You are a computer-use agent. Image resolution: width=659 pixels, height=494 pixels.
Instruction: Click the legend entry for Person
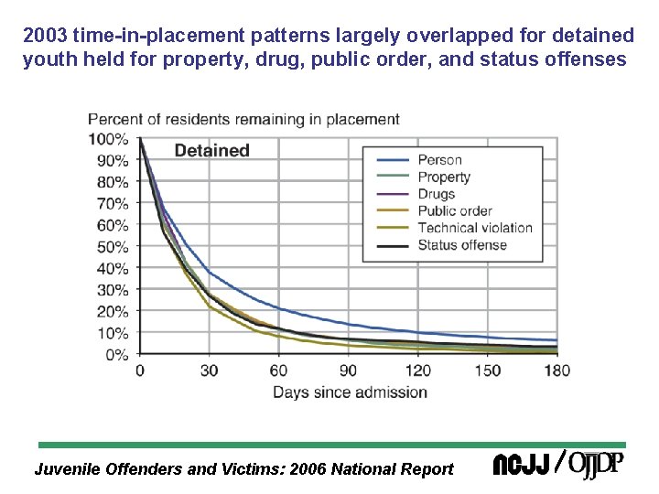[439, 160]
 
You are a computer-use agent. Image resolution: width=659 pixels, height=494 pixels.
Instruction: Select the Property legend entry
[444, 177]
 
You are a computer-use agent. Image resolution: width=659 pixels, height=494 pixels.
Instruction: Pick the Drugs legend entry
[437, 194]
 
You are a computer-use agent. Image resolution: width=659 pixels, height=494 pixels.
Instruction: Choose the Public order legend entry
[455, 210]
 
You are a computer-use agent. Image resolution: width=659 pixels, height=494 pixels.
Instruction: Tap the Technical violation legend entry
[474, 228]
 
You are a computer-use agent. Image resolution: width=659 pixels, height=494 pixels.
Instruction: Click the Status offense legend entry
[461, 244]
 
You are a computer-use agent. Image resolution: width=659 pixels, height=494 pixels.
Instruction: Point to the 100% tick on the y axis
[108, 139]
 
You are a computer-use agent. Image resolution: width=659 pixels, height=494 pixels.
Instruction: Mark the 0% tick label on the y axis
[116, 355]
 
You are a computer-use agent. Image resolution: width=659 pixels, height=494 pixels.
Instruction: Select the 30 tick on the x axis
[209, 370]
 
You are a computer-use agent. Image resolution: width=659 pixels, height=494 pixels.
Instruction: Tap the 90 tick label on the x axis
[348, 370]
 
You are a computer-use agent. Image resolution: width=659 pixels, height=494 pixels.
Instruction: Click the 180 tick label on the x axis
[556, 370]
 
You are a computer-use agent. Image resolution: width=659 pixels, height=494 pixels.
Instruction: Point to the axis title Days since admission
[350, 392]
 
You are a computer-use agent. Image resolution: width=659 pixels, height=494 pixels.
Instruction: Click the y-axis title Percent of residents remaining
[243, 119]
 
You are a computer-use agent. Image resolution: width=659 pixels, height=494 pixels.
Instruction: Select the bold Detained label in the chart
[211, 151]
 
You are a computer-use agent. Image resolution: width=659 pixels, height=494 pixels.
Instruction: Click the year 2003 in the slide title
[42, 37]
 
